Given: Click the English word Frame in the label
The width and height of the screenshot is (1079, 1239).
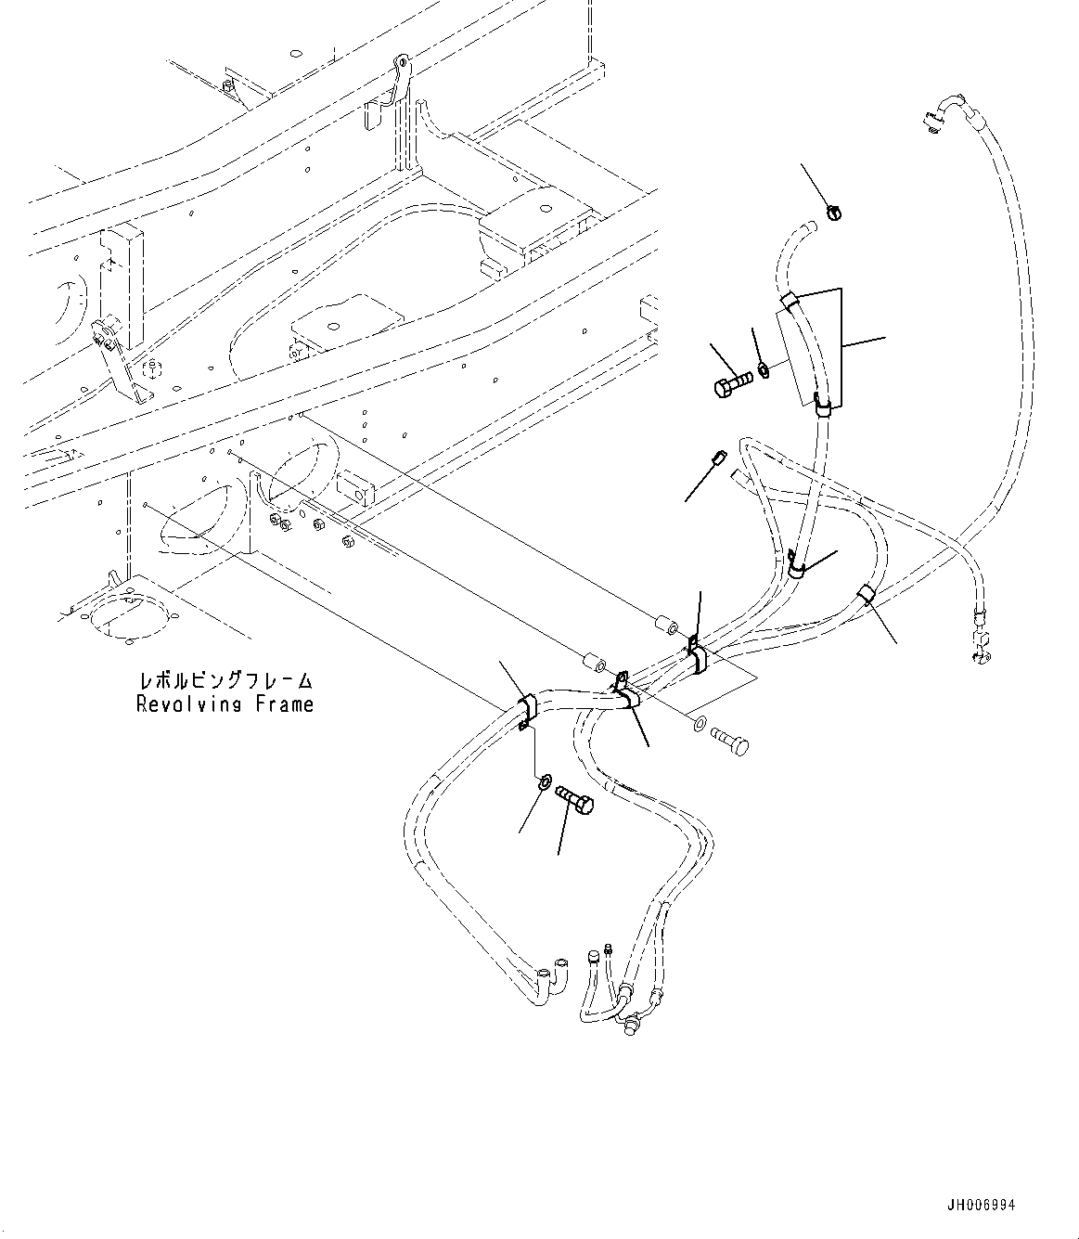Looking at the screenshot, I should point(283,704).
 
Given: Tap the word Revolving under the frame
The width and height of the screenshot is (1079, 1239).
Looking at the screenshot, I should point(191,704).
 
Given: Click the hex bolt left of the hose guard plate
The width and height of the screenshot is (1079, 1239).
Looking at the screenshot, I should point(732,385).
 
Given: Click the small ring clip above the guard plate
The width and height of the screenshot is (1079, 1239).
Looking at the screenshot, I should point(833,213).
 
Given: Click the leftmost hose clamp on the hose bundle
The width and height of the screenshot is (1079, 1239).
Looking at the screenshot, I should point(523,709).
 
